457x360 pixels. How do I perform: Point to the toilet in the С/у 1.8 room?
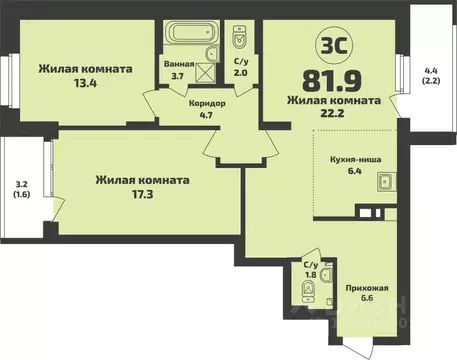click(x=309, y=291)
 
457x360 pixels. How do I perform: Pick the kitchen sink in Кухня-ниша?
click(x=383, y=182)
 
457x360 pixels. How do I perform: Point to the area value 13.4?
click(x=85, y=84)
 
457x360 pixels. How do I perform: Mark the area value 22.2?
click(x=333, y=115)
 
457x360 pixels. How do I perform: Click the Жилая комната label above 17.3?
click(x=143, y=180)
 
